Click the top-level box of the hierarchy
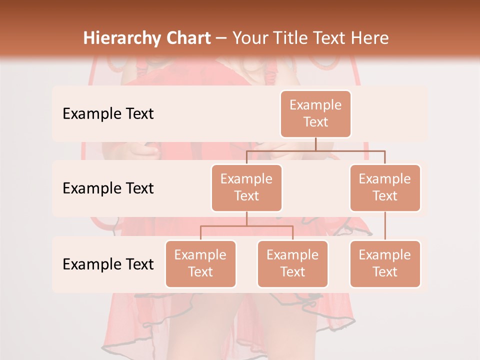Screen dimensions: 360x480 315,113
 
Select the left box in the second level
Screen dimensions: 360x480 246,187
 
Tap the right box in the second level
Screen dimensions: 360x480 385,187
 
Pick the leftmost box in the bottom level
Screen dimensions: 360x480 200,263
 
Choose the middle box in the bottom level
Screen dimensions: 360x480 292,263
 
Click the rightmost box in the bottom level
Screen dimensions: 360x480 385,263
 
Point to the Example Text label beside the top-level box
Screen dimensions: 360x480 108,113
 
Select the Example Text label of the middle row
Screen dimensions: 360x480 108,188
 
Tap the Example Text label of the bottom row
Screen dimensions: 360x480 108,264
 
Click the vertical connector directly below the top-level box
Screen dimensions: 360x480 315,143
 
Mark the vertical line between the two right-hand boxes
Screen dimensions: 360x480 385,225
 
